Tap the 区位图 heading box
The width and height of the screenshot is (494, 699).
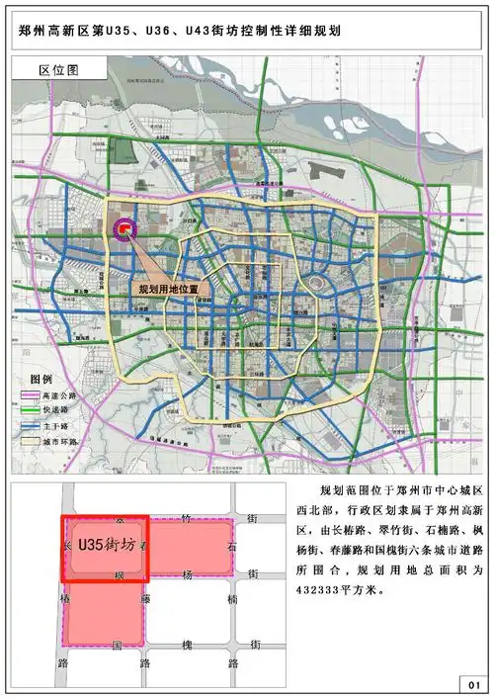click(58, 71)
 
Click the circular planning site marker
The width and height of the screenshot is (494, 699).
click(125, 230)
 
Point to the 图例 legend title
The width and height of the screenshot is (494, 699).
click(41, 380)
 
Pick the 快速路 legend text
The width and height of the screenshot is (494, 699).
click(57, 410)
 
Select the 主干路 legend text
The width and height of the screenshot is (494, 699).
click(57, 426)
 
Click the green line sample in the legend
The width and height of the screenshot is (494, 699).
click(29, 410)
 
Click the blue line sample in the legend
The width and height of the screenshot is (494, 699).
click(29, 426)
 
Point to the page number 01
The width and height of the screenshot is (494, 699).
click(472, 683)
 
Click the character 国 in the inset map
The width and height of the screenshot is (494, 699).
click(117, 645)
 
